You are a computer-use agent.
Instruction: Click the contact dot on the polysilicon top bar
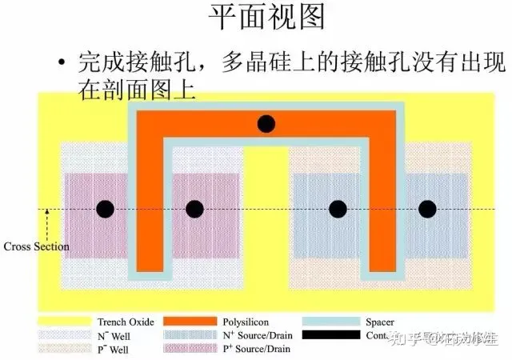click(x=266, y=124)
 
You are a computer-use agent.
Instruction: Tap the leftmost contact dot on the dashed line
click(x=105, y=210)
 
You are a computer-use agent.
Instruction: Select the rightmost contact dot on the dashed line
click(x=428, y=210)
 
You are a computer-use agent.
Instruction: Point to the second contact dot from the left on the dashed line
click(x=194, y=210)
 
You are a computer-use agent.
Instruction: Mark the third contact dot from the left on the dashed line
click(x=338, y=210)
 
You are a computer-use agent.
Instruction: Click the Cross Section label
click(x=37, y=246)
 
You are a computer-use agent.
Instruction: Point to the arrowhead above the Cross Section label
click(x=47, y=213)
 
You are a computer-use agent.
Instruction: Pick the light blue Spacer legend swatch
click(x=325, y=322)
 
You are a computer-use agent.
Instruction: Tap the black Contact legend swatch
click(x=325, y=335)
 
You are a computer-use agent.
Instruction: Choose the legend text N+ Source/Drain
click(x=254, y=335)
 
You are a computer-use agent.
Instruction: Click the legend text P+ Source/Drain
click(x=254, y=349)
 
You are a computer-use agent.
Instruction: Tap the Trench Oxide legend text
click(x=123, y=322)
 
